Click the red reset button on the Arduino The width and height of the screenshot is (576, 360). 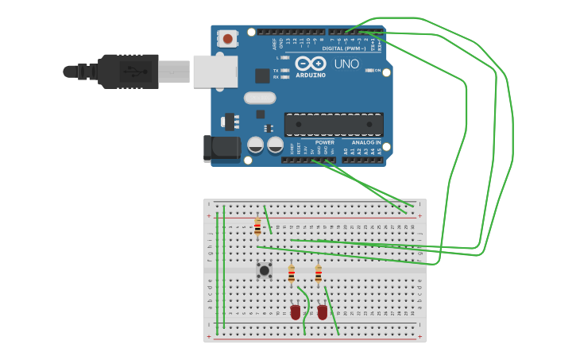(x=228, y=38)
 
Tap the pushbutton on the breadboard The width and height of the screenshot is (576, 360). (x=264, y=270)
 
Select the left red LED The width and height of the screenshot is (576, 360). (x=296, y=312)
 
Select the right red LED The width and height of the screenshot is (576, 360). (x=323, y=312)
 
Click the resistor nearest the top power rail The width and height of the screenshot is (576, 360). (x=257, y=227)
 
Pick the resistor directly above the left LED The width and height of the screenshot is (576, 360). (x=292, y=275)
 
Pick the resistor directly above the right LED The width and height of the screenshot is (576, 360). (x=319, y=274)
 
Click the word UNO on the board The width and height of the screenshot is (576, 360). (x=346, y=64)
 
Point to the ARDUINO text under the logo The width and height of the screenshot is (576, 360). (x=311, y=75)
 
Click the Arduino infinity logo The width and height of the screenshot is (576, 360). (x=310, y=64)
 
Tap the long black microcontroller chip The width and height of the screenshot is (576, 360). (x=334, y=124)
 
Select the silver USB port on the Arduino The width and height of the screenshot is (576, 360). (x=215, y=72)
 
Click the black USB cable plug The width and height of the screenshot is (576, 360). (x=127, y=72)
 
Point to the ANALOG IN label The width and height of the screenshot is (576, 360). (x=366, y=142)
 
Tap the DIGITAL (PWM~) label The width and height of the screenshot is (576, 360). (x=344, y=48)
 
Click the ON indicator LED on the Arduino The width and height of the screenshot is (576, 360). (x=369, y=70)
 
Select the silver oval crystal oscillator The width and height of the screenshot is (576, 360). (x=260, y=98)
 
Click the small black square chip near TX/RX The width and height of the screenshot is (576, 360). (x=262, y=75)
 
